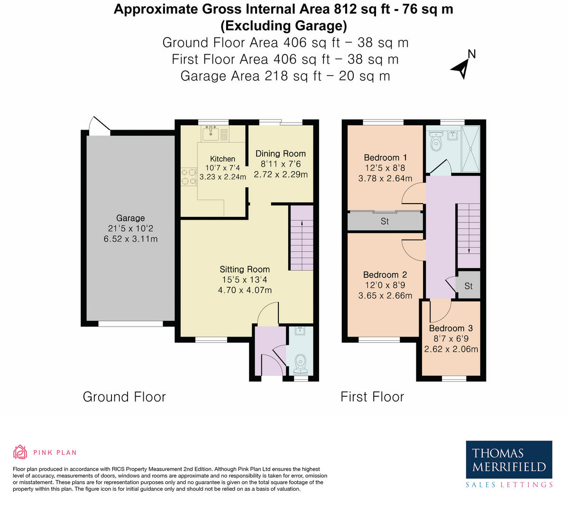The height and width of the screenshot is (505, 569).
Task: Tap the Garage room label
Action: pos(130,218)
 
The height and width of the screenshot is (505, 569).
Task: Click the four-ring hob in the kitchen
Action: pos(188,177)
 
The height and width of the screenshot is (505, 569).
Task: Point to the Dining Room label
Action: pos(281,154)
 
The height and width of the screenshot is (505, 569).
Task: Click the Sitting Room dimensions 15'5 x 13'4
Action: pos(245,280)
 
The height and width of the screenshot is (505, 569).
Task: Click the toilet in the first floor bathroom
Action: pos(436,141)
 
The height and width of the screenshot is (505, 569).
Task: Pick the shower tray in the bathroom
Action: pos(470,149)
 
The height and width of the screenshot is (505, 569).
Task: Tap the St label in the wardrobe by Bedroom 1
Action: pos(385,221)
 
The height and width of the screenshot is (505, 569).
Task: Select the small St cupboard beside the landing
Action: pos(468,285)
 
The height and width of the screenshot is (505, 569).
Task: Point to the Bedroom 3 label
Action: pos(451,328)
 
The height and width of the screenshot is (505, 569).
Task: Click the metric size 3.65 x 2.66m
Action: pos(385,296)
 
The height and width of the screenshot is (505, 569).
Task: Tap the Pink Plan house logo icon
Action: pos(20,452)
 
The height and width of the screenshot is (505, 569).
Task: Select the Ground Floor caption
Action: pos(124,397)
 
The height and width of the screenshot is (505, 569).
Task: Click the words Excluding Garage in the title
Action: pos(284,26)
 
